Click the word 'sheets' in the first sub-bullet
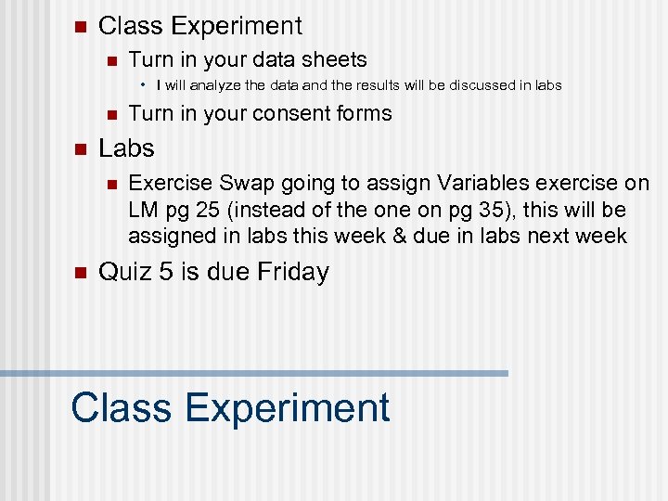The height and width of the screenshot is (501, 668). coord(335,60)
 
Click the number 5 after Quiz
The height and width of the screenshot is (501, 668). coord(166,272)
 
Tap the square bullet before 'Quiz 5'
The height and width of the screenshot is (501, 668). coord(79,273)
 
